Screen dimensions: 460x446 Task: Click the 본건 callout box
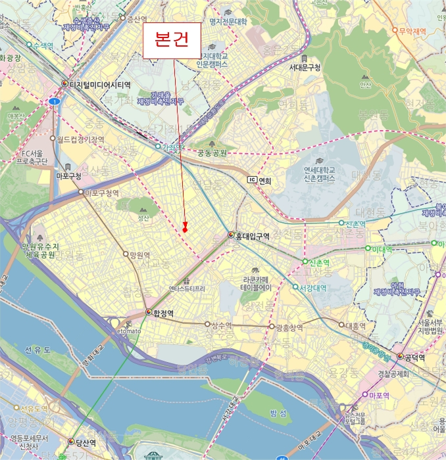pos(172,40)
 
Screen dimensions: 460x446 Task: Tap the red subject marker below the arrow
pos(186,228)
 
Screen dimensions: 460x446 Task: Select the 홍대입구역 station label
pos(253,236)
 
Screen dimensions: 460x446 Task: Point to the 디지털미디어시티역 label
pos(100,85)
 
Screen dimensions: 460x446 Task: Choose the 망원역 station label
pos(139,255)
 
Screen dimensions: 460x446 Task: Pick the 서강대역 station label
pos(313,287)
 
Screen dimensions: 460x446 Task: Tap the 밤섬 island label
pos(280,413)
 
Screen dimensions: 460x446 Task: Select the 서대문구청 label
pos(305,68)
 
